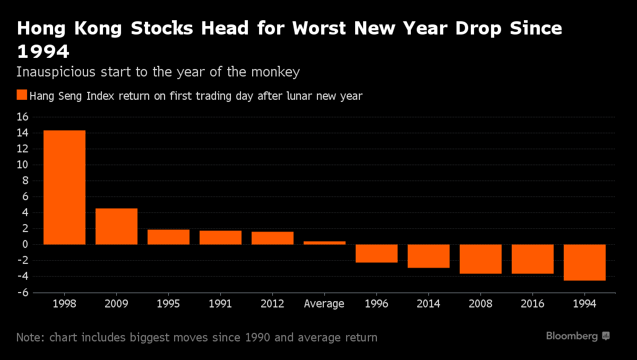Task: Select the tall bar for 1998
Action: [x=64, y=187]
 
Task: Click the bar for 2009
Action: [x=116, y=226]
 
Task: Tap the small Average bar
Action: [x=324, y=243]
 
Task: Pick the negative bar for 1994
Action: [x=584, y=262]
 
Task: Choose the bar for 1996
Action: [x=376, y=253]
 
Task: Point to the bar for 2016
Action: [x=532, y=259]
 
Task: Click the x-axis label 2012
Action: [x=272, y=304]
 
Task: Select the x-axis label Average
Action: [x=324, y=304]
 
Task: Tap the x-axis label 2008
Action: [x=480, y=304]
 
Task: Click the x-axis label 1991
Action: [x=220, y=304]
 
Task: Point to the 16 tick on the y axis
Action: [x=23, y=117]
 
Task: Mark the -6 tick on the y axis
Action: [x=22, y=293]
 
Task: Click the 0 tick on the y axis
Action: [x=25, y=245]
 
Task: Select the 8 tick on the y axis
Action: [x=25, y=181]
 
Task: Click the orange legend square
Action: [x=22, y=95]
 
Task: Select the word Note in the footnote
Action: [x=30, y=337]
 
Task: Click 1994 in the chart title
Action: [x=43, y=52]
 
